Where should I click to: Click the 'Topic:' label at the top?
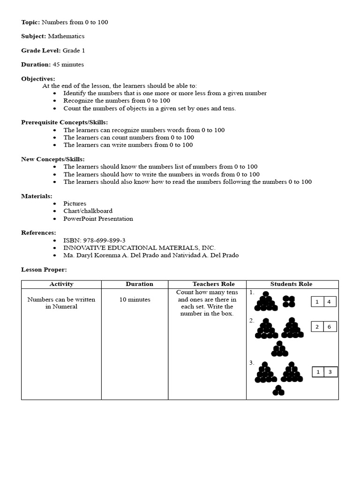click(x=31, y=22)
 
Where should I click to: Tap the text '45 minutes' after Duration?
click(x=68, y=64)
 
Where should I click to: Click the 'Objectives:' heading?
click(x=38, y=79)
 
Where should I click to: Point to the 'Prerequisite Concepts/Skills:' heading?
click(x=64, y=122)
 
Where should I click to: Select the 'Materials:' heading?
click(x=37, y=196)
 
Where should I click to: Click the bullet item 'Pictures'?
click(x=75, y=203)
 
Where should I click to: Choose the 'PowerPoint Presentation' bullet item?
click(x=98, y=218)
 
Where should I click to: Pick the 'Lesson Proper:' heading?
click(x=44, y=270)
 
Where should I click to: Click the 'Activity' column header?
click(x=61, y=284)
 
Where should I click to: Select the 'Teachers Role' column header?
click(x=213, y=284)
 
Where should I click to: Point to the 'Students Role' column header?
click(x=291, y=284)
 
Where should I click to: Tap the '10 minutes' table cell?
click(x=135, y=300)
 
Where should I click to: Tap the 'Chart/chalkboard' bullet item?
click(x=88, y=211)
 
